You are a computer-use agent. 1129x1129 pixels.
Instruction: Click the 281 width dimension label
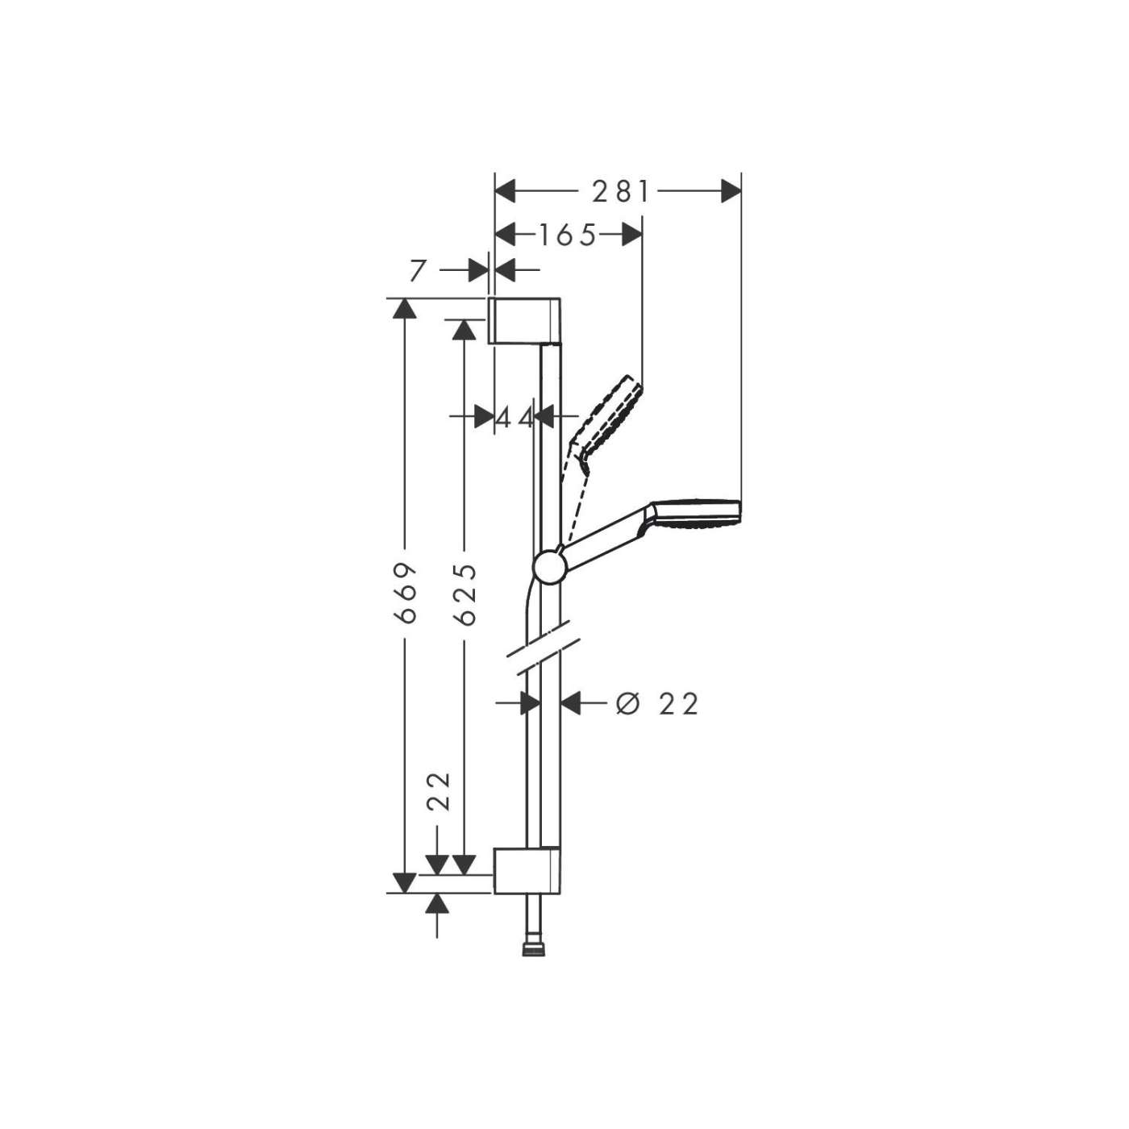620,192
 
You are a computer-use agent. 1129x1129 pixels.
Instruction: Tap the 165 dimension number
567,235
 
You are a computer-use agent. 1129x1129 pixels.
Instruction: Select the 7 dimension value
417,271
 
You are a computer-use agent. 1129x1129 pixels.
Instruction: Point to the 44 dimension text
515,419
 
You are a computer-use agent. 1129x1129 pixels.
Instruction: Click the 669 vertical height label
405,594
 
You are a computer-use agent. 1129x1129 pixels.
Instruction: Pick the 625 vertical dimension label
464,594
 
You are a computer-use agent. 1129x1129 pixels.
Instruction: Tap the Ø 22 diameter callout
657,704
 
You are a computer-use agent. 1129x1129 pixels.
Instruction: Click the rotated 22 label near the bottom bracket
439,792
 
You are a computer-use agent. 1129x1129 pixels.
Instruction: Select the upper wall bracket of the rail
524,320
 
